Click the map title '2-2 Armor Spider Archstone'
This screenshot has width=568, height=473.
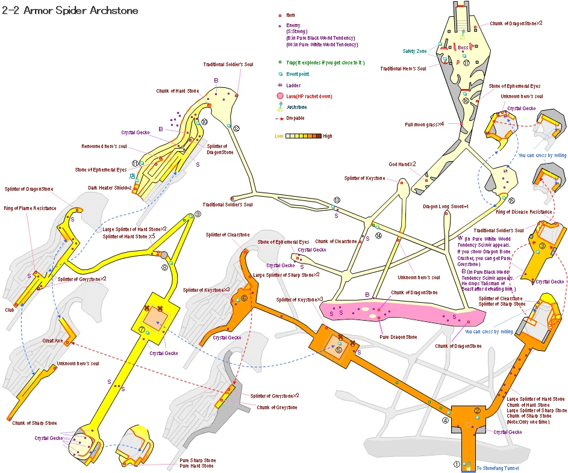tap(70, 10)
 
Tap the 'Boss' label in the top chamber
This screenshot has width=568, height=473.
tap(463, 48)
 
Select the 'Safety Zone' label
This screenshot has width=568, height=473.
tap(414, 51)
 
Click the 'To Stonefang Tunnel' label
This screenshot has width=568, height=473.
tap(497, 468)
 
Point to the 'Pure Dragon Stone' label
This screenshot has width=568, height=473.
tap(398, 337)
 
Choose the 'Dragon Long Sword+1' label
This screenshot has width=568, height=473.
tap(446, 206)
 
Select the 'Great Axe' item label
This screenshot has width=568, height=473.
tap(52, 341)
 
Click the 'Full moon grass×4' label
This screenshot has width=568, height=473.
tap(424, 125)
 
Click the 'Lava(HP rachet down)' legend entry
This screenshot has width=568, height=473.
tap(309, 96)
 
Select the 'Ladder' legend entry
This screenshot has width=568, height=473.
tap(293, 85)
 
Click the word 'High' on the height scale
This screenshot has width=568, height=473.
tap(327, 136)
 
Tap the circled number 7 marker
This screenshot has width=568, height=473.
tap(142, 330)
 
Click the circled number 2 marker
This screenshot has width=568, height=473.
tap(477, 411)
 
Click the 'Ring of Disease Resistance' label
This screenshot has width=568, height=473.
tap(523, 212)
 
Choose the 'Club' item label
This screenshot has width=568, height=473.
tap(9, 311)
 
